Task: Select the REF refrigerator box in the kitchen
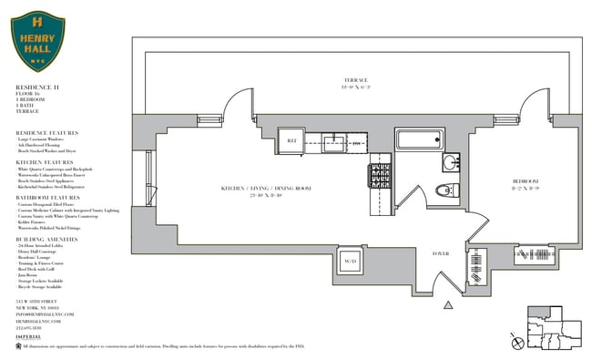click(x=293, y=141)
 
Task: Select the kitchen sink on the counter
click(x=334, y=141)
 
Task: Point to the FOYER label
click(x=441, y=252)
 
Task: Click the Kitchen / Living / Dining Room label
click(x=266, y=189)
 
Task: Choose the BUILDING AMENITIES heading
click(x=46, y=238)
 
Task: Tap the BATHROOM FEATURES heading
click(x=46, y=197)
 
